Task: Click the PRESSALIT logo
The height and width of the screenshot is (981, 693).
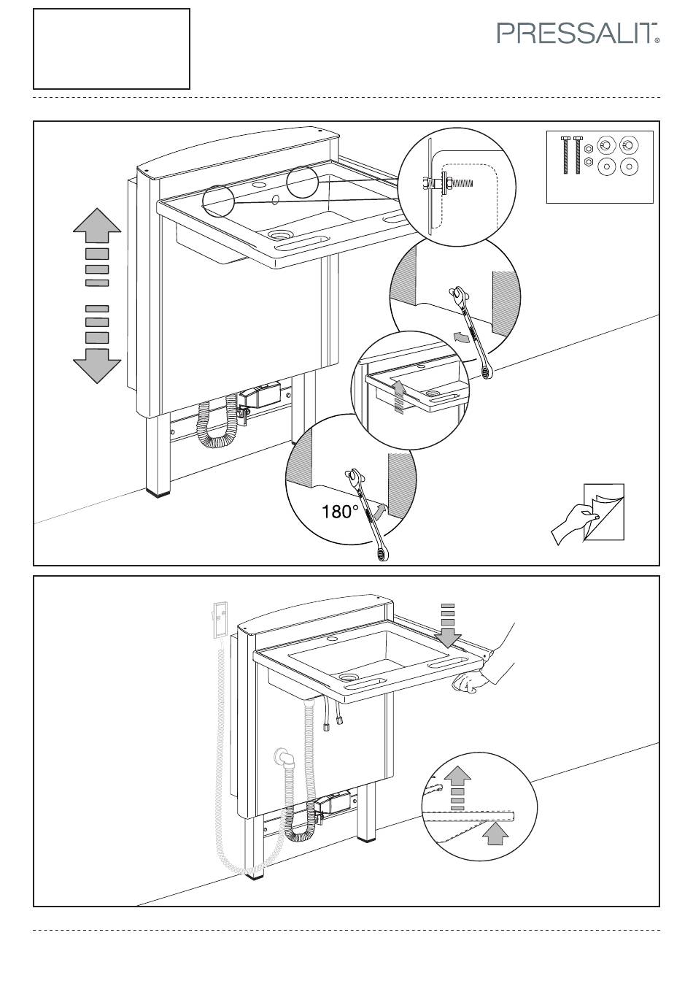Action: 578,34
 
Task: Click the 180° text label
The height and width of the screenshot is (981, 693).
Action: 340,511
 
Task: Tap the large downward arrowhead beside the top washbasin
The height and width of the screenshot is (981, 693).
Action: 97,366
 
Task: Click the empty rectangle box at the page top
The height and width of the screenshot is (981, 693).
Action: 112,49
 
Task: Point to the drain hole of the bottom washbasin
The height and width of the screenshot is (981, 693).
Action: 349,677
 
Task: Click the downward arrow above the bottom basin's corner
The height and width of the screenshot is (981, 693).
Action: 448,626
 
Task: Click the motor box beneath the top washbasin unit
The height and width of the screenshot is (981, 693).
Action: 260,396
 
